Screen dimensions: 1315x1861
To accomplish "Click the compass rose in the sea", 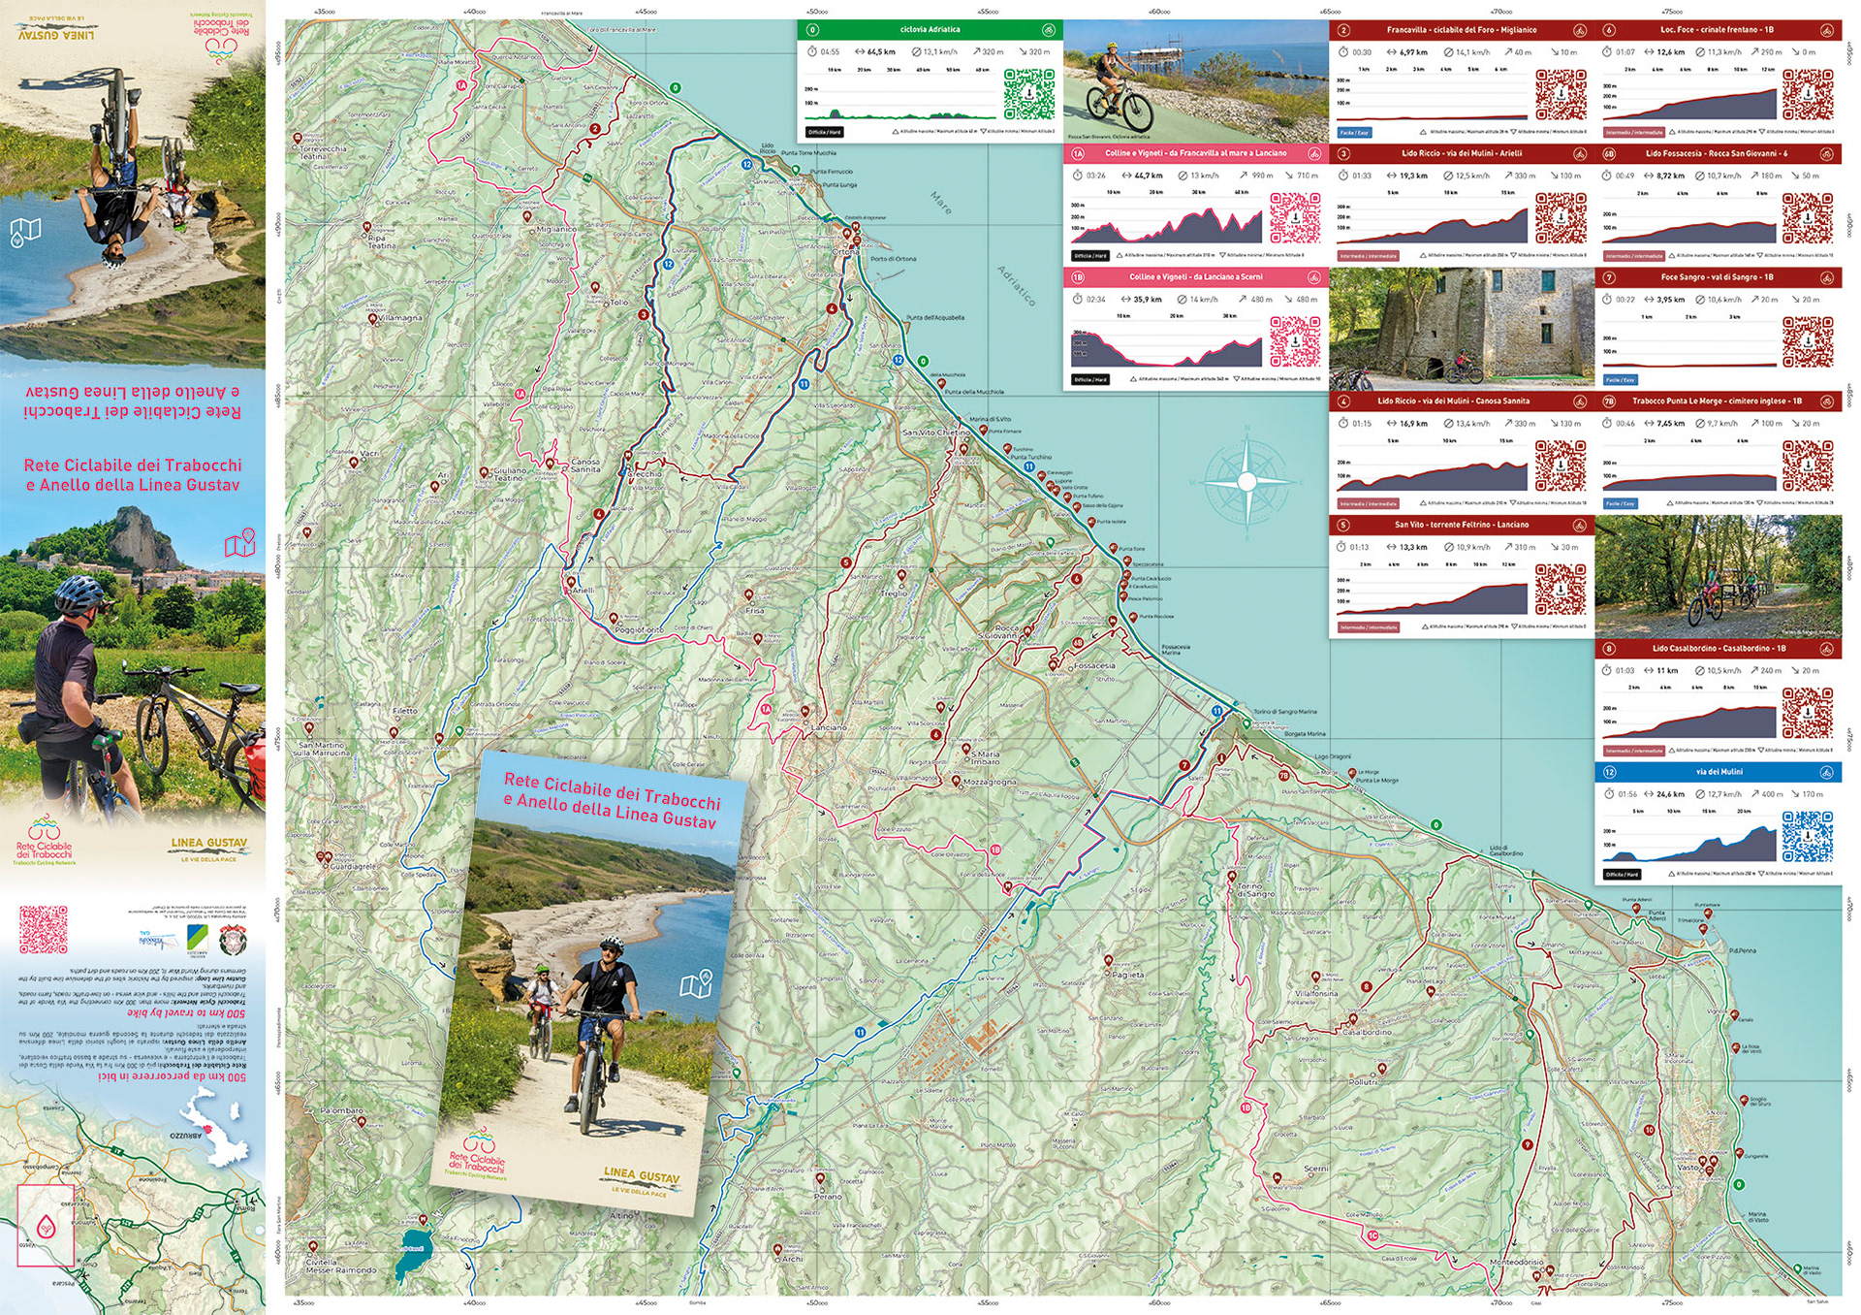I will pos(1246,480).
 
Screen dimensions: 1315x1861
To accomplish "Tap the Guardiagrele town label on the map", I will pos(354,866).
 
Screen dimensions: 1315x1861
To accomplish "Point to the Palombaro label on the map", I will pos(341,1110).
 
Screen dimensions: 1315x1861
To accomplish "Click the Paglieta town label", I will pos(1128,975).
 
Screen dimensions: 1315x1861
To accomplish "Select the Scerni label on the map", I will pos(1316,1169).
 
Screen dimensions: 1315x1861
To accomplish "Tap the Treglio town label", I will pos(894,593).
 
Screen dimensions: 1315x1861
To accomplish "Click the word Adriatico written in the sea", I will pos(1017,286).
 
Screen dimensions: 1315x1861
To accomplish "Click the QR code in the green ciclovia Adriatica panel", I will pos(1028,93).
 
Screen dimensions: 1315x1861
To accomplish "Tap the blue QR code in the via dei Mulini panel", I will pos(1807,836).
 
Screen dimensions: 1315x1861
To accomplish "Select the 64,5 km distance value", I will pos(881,52).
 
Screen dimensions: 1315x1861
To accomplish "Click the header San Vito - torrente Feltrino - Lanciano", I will pos(1461,525).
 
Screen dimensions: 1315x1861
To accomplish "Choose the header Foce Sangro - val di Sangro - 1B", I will pos(1717,277).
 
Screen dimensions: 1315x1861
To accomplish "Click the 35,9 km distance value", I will pos(1147,300).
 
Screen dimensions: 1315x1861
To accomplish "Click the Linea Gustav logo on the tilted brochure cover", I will pos(641,1180).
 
